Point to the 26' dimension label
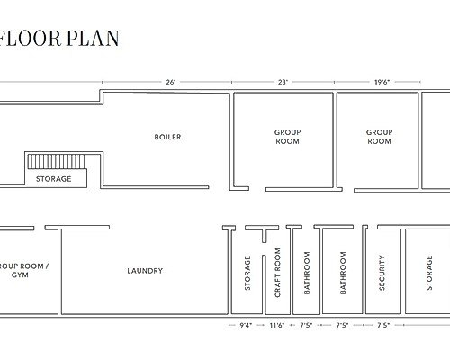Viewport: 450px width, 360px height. [170, 82]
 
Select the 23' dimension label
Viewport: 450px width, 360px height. [283, 82]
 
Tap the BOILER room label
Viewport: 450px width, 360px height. [167, 137]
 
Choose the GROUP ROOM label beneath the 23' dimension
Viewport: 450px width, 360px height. [287, 137]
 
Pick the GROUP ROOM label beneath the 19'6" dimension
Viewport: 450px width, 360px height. [379, 137]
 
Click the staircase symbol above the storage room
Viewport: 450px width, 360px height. [56, 162]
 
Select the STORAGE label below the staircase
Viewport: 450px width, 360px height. [53, 179]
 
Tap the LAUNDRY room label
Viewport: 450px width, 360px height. [145, 271]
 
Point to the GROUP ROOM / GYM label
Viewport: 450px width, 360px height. [22, 271]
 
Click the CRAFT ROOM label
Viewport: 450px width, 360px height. [277, 272]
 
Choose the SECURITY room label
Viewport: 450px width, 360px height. [382, 272]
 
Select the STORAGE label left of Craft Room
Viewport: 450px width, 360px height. [247, 272]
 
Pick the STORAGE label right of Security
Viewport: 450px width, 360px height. [428, 272]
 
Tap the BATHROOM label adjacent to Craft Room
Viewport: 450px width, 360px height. [307, 272]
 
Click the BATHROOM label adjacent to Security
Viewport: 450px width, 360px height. [343, 272]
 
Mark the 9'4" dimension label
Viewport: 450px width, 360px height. [246, 324]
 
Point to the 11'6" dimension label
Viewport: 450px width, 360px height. [275, 324]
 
